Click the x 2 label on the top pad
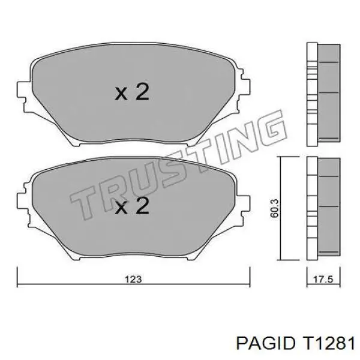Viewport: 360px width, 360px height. pos(131,92)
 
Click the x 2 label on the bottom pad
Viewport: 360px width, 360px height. pos(131,207)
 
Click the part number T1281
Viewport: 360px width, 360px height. pos(326,343)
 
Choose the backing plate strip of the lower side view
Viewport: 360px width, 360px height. pos(311,207)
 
